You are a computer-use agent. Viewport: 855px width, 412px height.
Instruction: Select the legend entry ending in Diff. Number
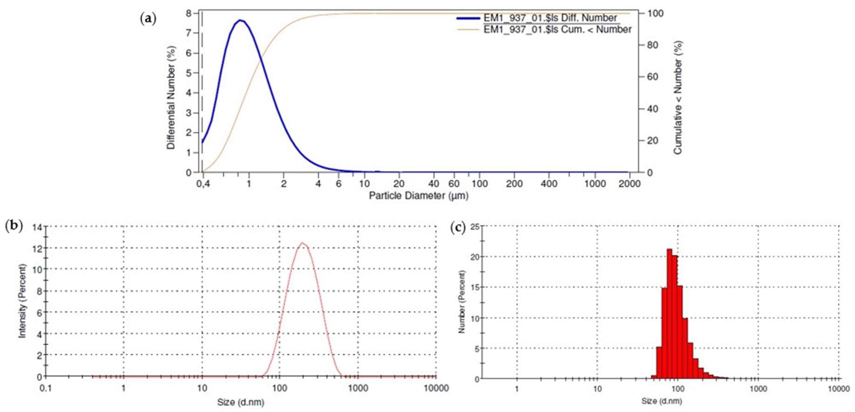[x=550, y=18]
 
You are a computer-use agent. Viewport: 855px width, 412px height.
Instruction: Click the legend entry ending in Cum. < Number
[x=557, y=30]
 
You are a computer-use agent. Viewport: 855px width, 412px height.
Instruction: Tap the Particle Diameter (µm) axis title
[x=419, y=196]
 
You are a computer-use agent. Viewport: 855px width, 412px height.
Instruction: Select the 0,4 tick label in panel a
[x=203, y=184]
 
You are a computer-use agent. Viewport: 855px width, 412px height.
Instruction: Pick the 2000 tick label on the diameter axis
[x=629, y=184]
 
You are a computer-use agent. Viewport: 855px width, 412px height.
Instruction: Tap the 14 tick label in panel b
[x=37, y=227]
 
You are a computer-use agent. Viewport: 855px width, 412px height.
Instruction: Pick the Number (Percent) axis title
[x=462, y=302]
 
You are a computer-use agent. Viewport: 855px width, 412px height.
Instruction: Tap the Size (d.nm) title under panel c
[x=662, y=401]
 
